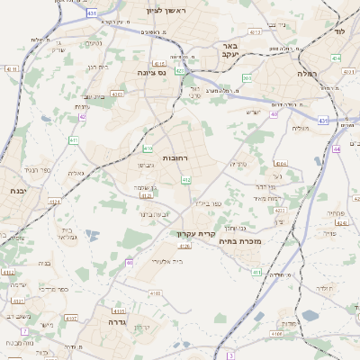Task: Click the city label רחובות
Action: pos(175,157)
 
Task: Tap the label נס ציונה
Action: pos(153,72)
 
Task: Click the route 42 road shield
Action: pos(83,116)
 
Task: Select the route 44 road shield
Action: pos(336,149)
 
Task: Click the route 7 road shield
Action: pos(25,331)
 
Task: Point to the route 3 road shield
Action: pos(230,355)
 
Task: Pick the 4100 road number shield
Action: pos(155,292)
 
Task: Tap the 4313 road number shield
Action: pos(119,310)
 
